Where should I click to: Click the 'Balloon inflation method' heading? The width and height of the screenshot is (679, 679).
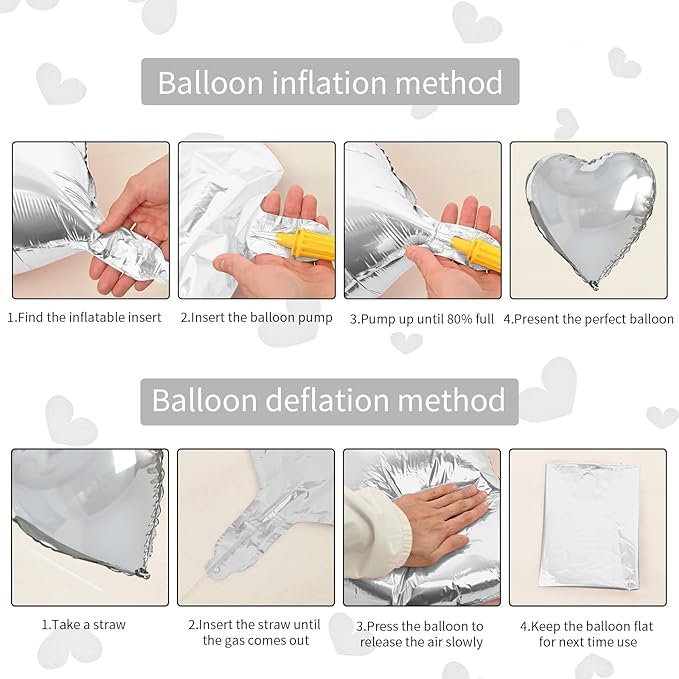pyautogui.click(x=330, y=82)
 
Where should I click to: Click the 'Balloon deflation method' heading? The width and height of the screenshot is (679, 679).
pyautogui.click(x=329, y=400)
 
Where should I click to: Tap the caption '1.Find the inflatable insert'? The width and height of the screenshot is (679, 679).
pyautogui.click(x=84, y=317)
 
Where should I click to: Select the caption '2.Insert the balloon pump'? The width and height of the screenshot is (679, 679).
pyautogui.click(x=256, y=317)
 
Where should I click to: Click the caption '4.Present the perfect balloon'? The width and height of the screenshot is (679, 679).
pyautogui.click(x=588, y=319)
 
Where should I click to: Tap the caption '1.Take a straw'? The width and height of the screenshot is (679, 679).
pyautogui.click(x=84, y=624)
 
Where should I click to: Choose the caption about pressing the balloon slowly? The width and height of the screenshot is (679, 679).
pyautogui.click(x=421, y=634)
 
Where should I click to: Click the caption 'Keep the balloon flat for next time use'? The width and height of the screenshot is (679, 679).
pyautogui.click(x=587, y=634)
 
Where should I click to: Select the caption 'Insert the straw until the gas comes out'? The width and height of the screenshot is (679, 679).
pyautogui.click(x=255, y=632)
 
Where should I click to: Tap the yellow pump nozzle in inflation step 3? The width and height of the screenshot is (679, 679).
pyautogui.click(x=476, y=252)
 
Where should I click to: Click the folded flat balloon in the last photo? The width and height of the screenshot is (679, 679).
pyautogui.click(x=589, y=527)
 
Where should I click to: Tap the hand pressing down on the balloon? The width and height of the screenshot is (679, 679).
pyautogui.click(x=440, y=522)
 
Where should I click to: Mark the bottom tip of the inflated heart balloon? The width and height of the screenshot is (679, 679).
pyautogui.click(x=594, y=286)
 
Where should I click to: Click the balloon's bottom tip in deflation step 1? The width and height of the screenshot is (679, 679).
pyautogui.click(x=144, y=574)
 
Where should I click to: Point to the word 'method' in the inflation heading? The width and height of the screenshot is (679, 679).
pyautogui.click(x=449, y=82)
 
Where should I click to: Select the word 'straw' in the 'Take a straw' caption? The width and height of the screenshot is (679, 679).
pyautogui.click(x=110, y=624)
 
